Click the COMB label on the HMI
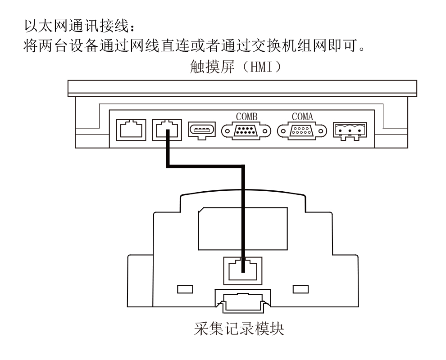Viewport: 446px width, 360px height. click(x=246, y=117)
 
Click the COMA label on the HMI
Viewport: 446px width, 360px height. click(x=302, y=117)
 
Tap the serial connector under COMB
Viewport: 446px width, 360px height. click(x=246, y=131)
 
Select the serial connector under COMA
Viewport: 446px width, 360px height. click(x=302, y=131)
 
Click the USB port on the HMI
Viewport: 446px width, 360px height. click(x=202, y=130)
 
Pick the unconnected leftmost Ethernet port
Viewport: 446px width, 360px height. click(x=131, y=130)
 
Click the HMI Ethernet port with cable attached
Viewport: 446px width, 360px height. click(x=167, y=130)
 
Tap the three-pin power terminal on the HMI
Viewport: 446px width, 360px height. click(x=350, y=131)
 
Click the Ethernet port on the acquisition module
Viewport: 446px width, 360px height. click(x=243, y=271)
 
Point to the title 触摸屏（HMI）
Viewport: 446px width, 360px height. click(x=236, y=67)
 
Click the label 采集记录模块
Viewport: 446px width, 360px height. click(x=239, y=329)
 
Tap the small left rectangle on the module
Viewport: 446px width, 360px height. click(x=185, y=289)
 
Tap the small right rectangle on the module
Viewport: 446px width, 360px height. click(x=300, y=289)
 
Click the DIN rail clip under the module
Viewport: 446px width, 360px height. click(x=243, y=301)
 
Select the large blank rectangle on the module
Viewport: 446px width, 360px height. click(x=243, y=229)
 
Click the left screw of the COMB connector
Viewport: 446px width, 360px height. click(x=227, y=131)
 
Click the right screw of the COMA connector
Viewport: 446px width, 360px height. click(x=321, y=131)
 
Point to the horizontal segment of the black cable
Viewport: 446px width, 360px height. click(x=205, y=166)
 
